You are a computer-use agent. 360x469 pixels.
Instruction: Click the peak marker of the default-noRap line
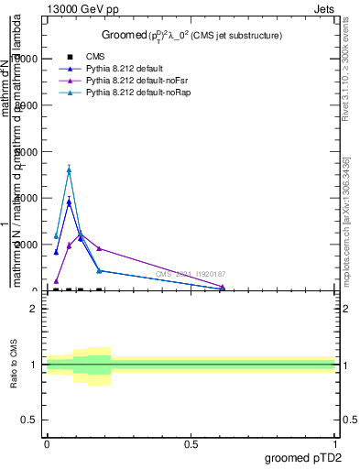point(69,169)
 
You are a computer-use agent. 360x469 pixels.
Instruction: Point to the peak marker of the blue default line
point(69,202)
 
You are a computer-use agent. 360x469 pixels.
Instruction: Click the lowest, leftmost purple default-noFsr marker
point(56,281)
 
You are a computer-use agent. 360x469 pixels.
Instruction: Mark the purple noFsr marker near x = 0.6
point(223,288)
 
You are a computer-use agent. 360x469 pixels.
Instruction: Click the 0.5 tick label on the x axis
point(191,442)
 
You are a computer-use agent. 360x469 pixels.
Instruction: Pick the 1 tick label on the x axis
point(334,442)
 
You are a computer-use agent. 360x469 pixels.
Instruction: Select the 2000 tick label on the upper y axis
point(25,245)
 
